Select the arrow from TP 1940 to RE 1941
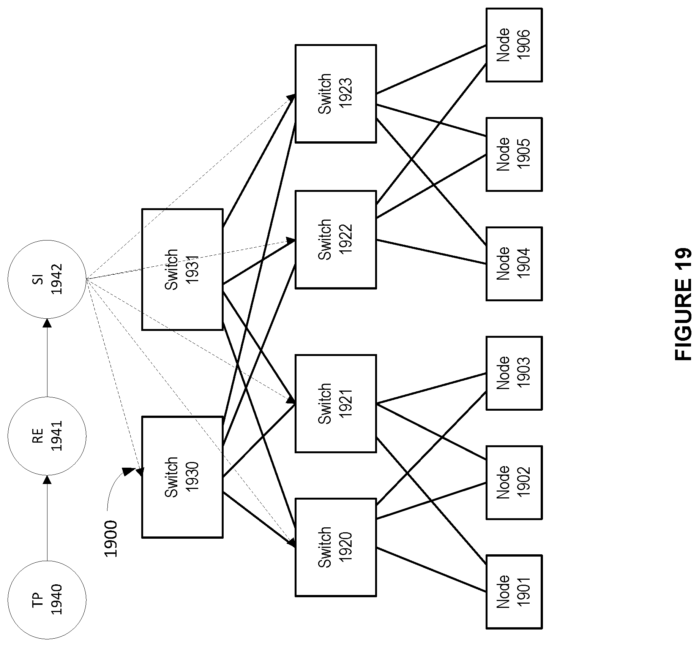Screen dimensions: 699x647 click(x=47, y=518)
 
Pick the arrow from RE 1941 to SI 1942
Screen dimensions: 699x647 click(x=47, y=358)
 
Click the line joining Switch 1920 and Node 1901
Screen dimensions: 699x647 click(x=431, y=569)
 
